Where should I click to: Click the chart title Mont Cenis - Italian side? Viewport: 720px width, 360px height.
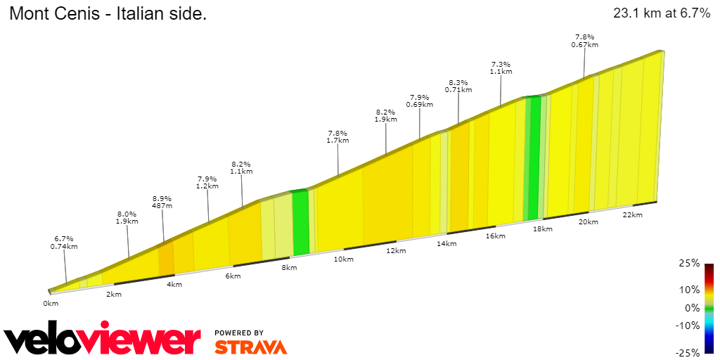108,14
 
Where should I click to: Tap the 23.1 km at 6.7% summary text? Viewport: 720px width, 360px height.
662,13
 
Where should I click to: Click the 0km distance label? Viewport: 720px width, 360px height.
50,304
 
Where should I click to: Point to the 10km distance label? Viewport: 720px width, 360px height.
343,259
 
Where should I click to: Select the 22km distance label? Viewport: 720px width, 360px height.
633,214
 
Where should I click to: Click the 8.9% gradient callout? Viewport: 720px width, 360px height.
162,202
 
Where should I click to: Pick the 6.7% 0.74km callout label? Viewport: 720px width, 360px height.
63,243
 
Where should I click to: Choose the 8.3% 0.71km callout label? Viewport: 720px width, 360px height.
458,86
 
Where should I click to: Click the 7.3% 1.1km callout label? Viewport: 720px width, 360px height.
501,67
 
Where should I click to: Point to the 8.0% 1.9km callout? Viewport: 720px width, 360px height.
127,217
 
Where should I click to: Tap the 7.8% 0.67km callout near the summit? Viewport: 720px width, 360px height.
585,41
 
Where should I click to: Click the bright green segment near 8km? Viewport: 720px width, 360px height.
300,221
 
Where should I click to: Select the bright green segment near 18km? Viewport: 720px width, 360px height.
534,158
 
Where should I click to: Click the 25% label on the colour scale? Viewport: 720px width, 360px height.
690,264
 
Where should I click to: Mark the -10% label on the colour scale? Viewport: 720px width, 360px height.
688,326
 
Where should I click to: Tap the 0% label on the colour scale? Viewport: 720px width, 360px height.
693,308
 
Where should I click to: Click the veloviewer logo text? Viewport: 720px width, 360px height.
102,341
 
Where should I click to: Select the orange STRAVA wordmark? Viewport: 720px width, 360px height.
250,347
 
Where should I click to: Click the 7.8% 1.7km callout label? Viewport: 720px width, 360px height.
338,136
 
